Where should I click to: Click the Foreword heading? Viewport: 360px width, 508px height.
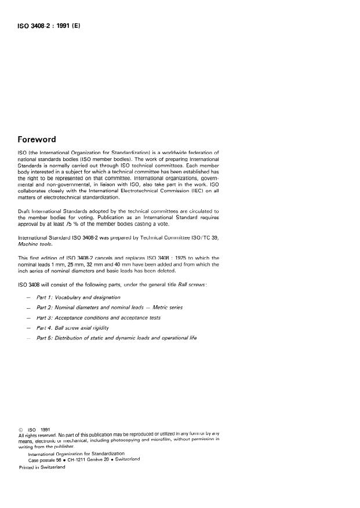pos(38,139)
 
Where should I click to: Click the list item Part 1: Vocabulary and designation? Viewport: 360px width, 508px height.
pos(78,297)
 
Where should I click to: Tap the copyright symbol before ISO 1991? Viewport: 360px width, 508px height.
pos(21,429)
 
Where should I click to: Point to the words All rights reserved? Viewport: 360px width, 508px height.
pos(38,435)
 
